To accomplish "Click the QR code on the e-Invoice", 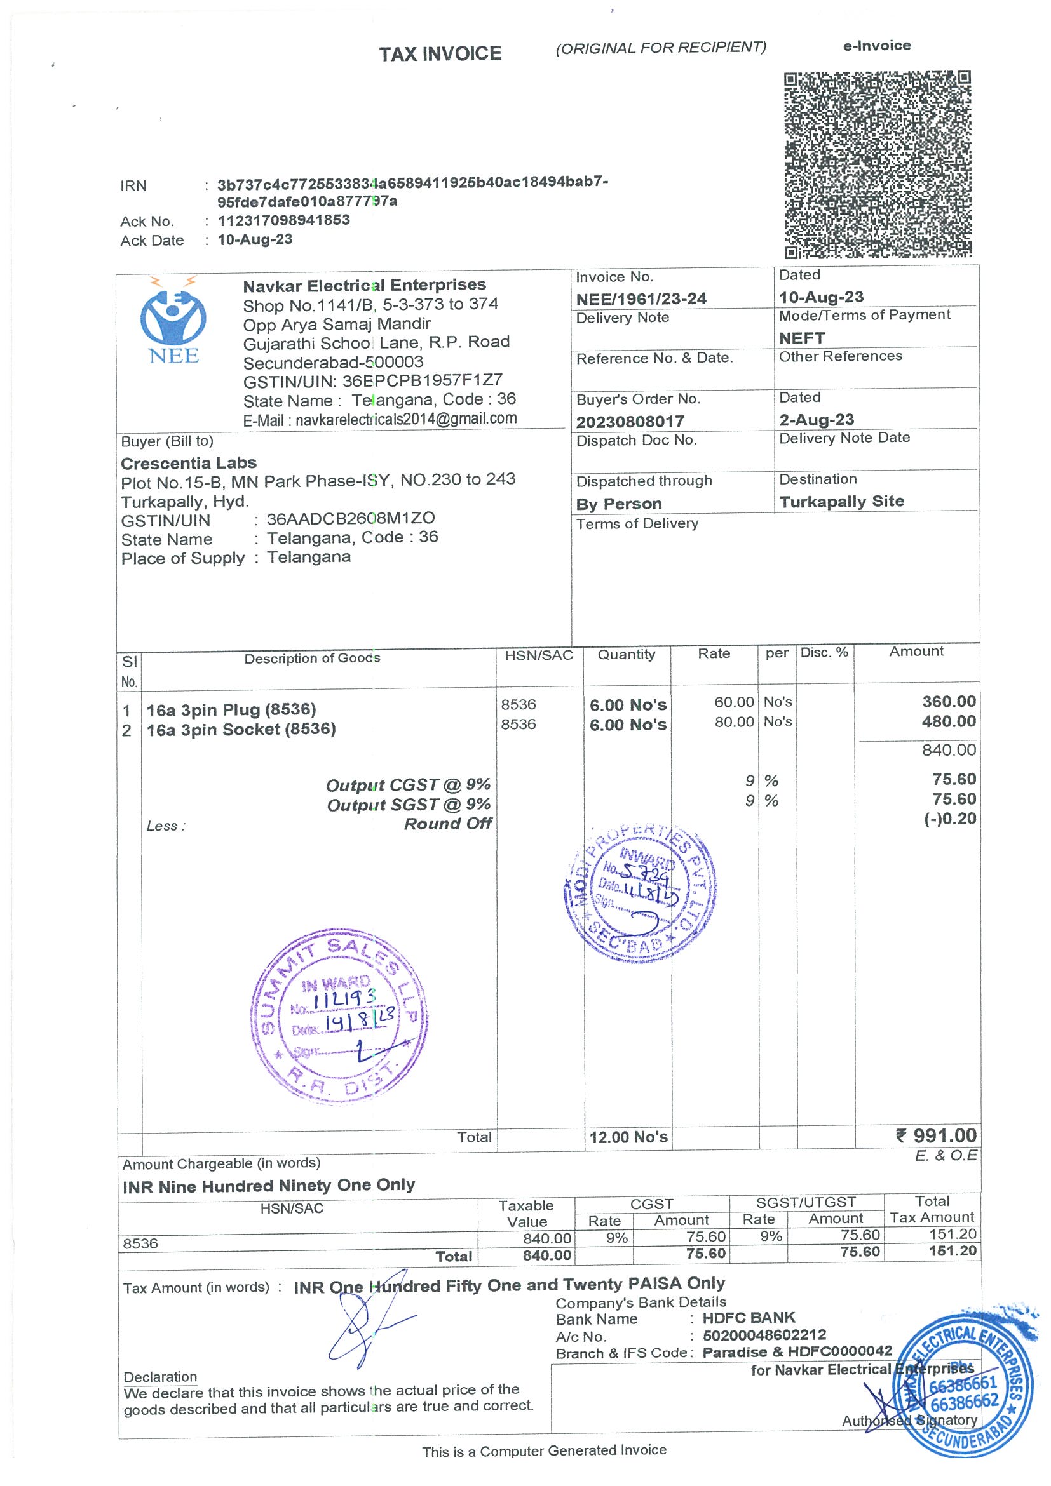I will [x=878, y=164].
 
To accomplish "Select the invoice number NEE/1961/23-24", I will [x=641, y=299].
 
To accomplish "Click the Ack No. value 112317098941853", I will [x=283, y=220].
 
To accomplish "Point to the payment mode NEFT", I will [x=802, y=338].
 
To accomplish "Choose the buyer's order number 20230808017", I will [x=630, y=421].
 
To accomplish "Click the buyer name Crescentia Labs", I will [x=189, y=463].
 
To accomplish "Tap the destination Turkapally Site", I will [x=841, y=502].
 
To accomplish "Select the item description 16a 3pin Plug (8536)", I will [x=231, y=710].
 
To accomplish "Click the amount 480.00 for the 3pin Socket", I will [x=948, y=721].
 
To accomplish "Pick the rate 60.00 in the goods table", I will [x=734, y=702].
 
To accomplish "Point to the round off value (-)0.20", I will [x=949, y=819].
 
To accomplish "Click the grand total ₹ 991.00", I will [x=936, y=1135].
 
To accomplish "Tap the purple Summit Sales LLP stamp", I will [x=339, y=1017].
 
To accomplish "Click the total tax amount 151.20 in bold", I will [x=952, y=1251].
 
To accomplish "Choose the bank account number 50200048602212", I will [x=764, y=1335].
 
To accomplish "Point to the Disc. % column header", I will [x=824, y=652].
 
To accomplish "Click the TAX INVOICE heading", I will [x=440, y=54].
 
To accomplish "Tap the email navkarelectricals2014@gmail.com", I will [x=406, y=418].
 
